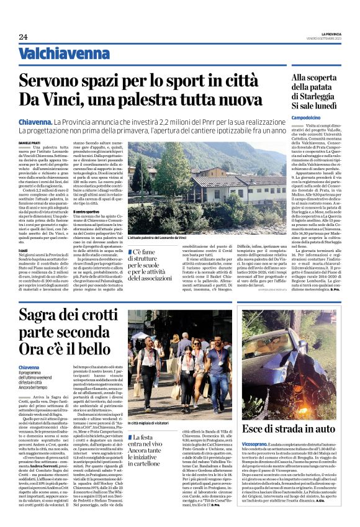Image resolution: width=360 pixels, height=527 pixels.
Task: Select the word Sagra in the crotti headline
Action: tap(41, 318)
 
